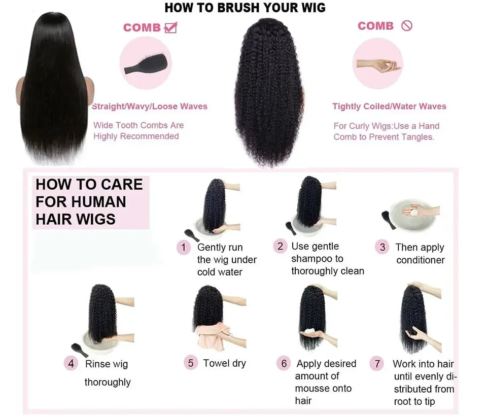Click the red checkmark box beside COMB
pyautogui.click(x=170, y=27)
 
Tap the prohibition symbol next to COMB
pyautogui.click(x=407, y=26)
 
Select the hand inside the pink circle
pyautogui.click(x=378, y=65)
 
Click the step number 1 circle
pyautogui.click(x=183, y=248)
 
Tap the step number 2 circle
pyautogui.click(x=280, y=247)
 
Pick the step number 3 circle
pyautogui.click(x=382, y=248)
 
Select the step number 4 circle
pyautogui.click(x=71, y=364)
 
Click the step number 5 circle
pyautogui.click(x=191, y=363)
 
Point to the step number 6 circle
pyautogui.click(x=284, y=363)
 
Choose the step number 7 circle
pyautogui.click(x=377, y=364)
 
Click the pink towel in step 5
pyautogui.click(x=209, y=335)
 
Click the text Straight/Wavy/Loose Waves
pyautogui.click(x=150, y=107)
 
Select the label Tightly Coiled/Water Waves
pyautogui.click(x=389, y=107)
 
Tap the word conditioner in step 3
pyautogui.click(x=421, y=260)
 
